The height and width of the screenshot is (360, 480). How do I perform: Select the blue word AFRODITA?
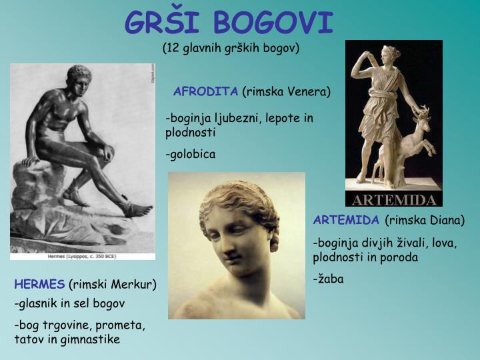[x=206, y=91]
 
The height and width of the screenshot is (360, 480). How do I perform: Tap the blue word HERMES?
[x=39, y=285]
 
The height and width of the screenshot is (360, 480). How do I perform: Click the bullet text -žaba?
[x=329, y=279]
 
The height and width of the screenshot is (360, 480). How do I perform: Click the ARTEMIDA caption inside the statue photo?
[x=393, y=200]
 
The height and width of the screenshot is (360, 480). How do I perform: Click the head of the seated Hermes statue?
[x=79, y=75]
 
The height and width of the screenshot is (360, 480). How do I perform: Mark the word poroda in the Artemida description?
[x=400, y=257]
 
